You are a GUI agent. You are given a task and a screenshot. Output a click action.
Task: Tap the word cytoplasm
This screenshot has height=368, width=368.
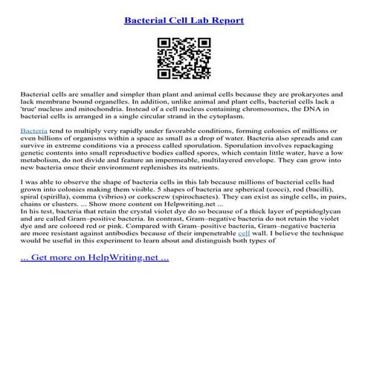222,117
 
